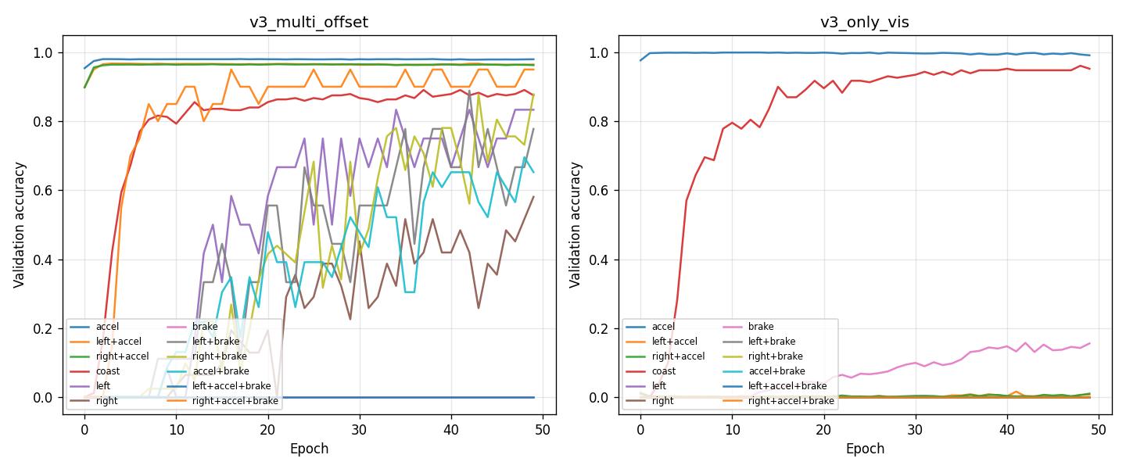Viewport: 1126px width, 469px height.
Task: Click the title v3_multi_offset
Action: pos(309,23)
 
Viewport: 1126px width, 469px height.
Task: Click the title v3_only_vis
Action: pos(864,23)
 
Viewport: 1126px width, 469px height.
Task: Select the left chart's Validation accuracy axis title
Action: pos(20,225)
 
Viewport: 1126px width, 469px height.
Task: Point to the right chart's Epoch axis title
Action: pos(865,449)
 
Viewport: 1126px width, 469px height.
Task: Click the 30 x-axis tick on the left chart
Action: pos(360,428)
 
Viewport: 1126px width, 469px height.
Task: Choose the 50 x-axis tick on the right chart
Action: pos(1099,428)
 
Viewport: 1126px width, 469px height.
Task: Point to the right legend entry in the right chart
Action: pos(663,401)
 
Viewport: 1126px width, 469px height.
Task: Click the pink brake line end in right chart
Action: pos(1090,343)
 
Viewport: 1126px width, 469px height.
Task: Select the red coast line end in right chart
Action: pos(1090,69)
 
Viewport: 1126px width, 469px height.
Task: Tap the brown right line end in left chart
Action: pos(534,197)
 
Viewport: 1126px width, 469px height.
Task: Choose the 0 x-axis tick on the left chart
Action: pos(84,428)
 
